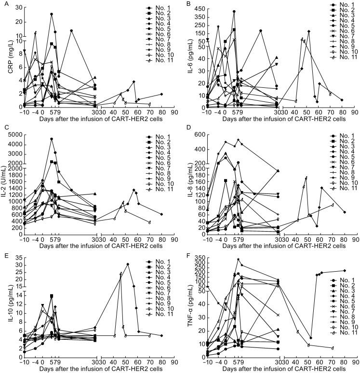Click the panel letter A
click(x=4, y=4)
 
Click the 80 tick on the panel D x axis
click(x=345, y=240)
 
